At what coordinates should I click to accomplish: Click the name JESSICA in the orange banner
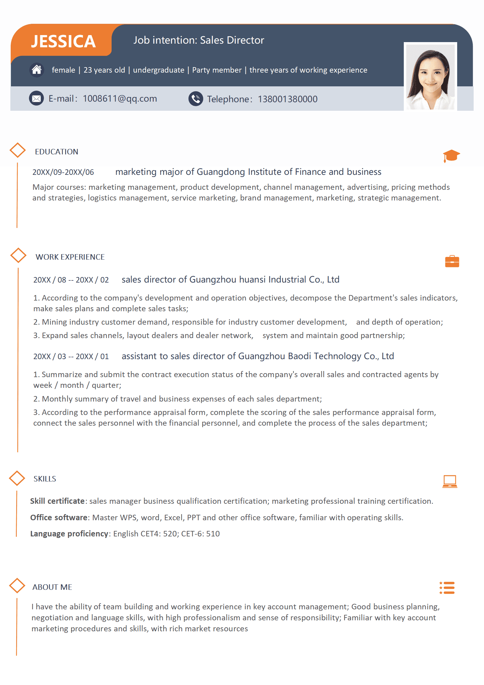tap(63, 41)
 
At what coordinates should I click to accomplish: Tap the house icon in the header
tap(37, 70)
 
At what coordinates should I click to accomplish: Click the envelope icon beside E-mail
tap(36, 98)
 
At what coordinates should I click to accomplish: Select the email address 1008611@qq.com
tap(120, 99)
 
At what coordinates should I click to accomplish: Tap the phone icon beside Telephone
tap(195, 99)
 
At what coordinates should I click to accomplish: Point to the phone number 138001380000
tap(288, 99)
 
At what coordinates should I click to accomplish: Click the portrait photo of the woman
tap(430, 77)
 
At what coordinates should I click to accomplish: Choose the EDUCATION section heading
tap(57, 152)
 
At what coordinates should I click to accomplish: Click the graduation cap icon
tap(451, 156)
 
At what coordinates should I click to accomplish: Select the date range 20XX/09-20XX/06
tap(63, 172)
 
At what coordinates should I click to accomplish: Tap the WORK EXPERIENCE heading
tap(70, 257)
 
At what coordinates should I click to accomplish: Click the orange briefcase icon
tap(452, 261)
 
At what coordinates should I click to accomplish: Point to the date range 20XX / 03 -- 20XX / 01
tap(71, 356)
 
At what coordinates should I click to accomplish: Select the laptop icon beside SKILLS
tap(450, 481)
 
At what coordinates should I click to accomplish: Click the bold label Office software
tap(59, 517)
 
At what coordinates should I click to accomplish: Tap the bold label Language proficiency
tap(69, 534)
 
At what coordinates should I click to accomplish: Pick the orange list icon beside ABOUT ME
tap(447, 588)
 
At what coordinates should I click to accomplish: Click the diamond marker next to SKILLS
tap(17, 478)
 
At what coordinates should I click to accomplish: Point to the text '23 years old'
tap(104, 70)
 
